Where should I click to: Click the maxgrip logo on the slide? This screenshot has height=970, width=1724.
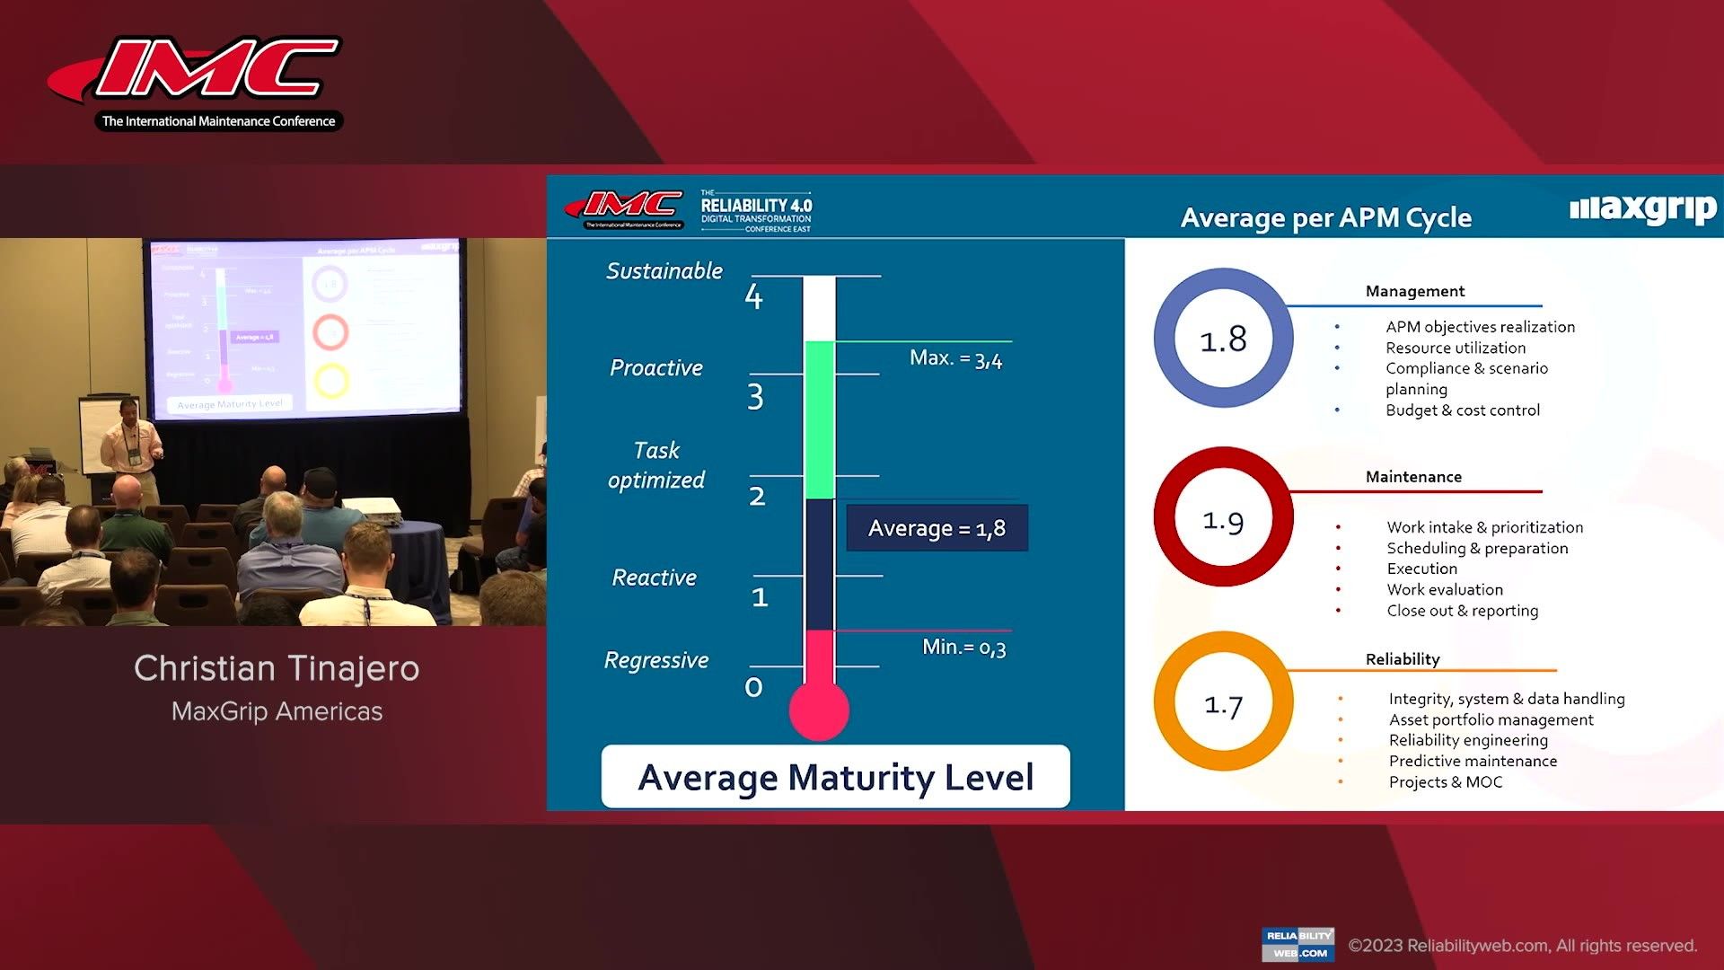coord(1642,209)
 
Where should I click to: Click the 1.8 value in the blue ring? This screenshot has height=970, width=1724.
coord(1223,339)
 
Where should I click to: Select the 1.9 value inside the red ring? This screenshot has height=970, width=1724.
coord(1223,520)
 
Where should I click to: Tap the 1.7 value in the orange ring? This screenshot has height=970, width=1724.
coord(1223,705)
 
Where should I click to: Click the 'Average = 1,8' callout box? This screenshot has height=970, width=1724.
coord(937,528)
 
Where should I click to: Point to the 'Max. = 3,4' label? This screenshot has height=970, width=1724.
coord(955,358)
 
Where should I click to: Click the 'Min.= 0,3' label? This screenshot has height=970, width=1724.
coord(963,647)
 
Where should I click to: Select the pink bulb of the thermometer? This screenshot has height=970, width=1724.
coord(818,710)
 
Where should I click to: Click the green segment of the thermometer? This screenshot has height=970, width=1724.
coord(819,419)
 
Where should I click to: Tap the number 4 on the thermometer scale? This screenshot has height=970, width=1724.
coord(753,297)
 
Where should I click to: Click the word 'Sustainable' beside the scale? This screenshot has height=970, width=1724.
coord(664,271)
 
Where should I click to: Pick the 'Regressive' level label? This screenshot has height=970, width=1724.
coord(656,660)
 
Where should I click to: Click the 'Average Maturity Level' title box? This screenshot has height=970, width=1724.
coord(835,777)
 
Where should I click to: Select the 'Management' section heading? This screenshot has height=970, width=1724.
coord(1414,291)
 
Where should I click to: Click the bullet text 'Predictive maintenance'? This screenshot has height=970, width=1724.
coord(1473,761)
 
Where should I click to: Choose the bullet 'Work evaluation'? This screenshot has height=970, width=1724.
coord(1444,589)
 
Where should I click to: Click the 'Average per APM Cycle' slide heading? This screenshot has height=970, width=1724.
coord(1325,217)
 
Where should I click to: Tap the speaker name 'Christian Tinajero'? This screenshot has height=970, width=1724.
coord(277,668)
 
